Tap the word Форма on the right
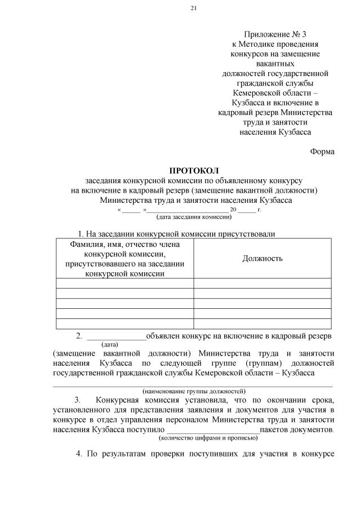pyautogui.click(x=322, y=151)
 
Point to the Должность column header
pyautogui.click(x=263, y=258)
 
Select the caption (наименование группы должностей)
pyautogui.click(x=194, y=390)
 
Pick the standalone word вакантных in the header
pyautogui.click(x=275, y=64)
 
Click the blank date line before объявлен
pyautogui.click(x=116, y=337)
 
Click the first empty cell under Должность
pyautogui.click(x=263, y=283)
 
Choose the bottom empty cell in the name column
pyautogui.click(x=125, y=323)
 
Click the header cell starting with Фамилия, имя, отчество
pyautogui.click(x=125, y=258)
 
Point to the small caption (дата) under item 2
pyautogui.click(x=109, y=344)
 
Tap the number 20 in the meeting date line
pyautogui.click(x=233, y=210)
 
